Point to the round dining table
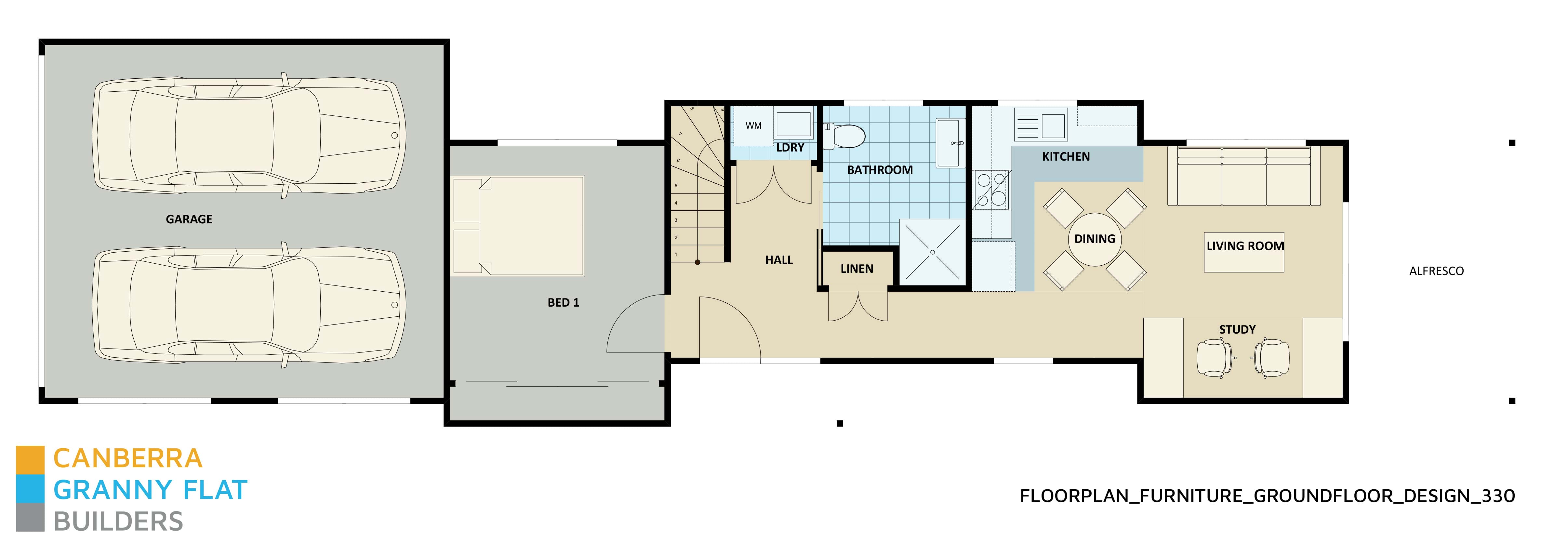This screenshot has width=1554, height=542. (x=1094, y=239)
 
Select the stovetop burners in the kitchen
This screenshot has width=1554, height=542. (x=991, y=189)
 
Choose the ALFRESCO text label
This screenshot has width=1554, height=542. (x=1436, y=271)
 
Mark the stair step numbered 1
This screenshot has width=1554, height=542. (x=676, y=255)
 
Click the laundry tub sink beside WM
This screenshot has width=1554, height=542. (x=793, y=124)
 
